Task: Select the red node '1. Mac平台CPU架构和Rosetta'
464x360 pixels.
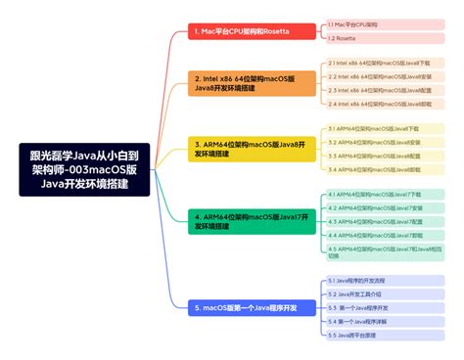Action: (x=252, y=31)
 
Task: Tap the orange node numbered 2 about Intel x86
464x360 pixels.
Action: (x=254, y=82)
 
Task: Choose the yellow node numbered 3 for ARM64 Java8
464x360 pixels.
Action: (x=253, y=149)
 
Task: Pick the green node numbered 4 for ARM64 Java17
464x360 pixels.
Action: (x=253, y=221)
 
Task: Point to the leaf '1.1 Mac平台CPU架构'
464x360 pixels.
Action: (x=355, y=22)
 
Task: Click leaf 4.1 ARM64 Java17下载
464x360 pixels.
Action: (x=376, y=194)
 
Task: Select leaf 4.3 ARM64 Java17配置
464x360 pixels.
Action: (x=376, y=221)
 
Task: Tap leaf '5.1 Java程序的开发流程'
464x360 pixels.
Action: (x=364, y=281)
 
